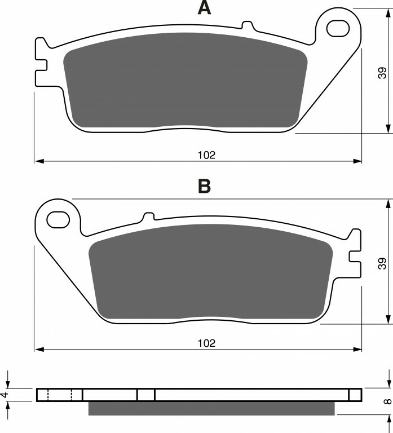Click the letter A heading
tap(204, 7)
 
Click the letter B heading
tap(204, 186)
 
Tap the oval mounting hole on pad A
tap(338, 28)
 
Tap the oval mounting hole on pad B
tap(58, 219)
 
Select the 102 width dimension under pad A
tap(206, 155)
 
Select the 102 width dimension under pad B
tap(206, 343)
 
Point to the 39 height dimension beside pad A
tap(382, 73)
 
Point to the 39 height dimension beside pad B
tap(382, 263)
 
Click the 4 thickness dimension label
tap(3, 395)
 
